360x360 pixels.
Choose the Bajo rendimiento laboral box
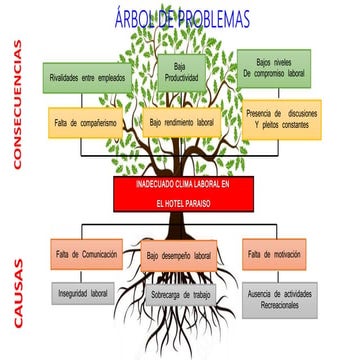click(x=183, y=122)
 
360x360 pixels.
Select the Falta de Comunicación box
click(x=87, y=254)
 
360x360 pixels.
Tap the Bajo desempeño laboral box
click(x=180, y=256)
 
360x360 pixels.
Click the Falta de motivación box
click(x=273, y=254)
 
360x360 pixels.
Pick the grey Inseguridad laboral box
click(x=85, y=294)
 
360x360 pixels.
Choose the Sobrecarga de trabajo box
click(x=180, y=296)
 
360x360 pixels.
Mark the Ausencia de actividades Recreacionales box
click(x=279, y=299)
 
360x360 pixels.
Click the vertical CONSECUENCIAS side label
click(x=17, y=105)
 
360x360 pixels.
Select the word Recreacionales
click(x=279, y=305)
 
